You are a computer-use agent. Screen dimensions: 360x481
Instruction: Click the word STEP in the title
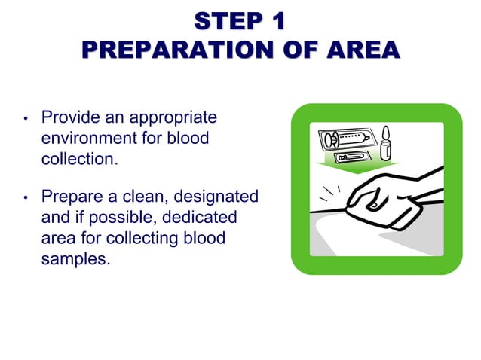219,20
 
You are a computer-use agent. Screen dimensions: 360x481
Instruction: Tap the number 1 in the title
277,20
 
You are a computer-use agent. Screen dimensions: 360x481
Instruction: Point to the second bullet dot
25,198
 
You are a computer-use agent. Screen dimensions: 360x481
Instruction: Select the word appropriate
173,119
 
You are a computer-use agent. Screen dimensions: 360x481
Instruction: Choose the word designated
216,197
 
